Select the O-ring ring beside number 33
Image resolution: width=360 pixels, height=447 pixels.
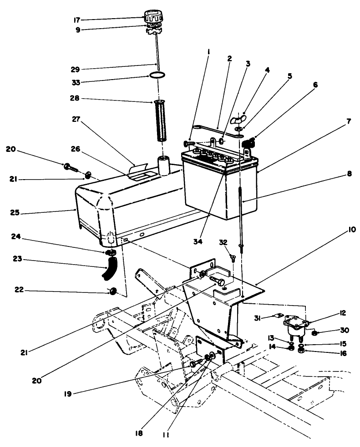tap(156, 75)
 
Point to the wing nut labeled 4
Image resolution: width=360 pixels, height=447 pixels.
tap(238, 121)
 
